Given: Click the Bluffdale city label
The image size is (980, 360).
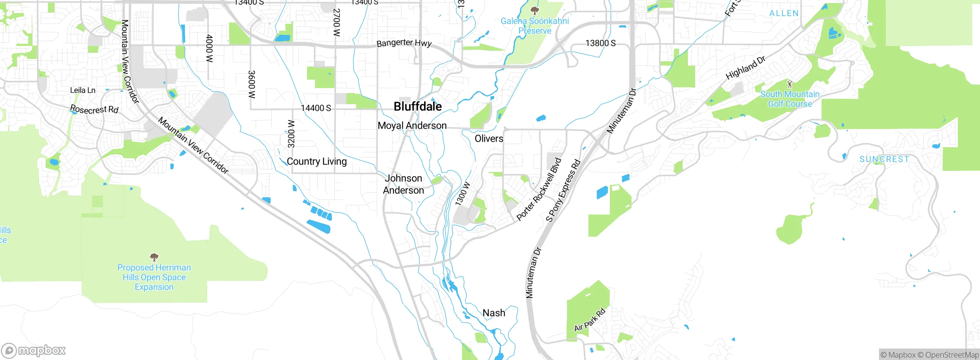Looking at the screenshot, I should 417,106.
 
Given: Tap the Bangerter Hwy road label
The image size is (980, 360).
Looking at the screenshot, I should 404,43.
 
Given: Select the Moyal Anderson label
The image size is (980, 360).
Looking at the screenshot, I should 412,126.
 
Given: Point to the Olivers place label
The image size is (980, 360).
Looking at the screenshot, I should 489,139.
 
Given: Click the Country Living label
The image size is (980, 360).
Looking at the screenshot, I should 317,161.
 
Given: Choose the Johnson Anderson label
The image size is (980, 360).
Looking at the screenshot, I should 403,184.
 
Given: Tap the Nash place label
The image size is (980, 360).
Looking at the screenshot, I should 493,313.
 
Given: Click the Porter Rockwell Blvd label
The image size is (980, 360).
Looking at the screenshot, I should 539,190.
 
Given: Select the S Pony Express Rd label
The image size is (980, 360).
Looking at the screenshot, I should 563,191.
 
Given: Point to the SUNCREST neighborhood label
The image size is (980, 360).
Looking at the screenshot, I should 884,159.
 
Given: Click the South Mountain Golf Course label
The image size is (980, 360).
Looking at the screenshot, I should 790,99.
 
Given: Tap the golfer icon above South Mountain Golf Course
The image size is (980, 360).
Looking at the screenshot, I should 789,83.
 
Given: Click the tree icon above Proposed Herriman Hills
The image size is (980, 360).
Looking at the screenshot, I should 154,257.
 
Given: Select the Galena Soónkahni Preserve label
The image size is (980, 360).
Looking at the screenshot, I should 535,26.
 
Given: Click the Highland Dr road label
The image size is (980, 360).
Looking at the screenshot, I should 745,68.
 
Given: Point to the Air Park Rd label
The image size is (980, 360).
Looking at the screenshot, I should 590,320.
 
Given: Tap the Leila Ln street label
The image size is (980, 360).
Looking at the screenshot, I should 83,90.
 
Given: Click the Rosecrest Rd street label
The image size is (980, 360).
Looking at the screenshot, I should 94,110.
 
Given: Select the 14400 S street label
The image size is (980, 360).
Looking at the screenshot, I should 316,108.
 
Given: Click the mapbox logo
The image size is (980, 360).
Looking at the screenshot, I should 34,350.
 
